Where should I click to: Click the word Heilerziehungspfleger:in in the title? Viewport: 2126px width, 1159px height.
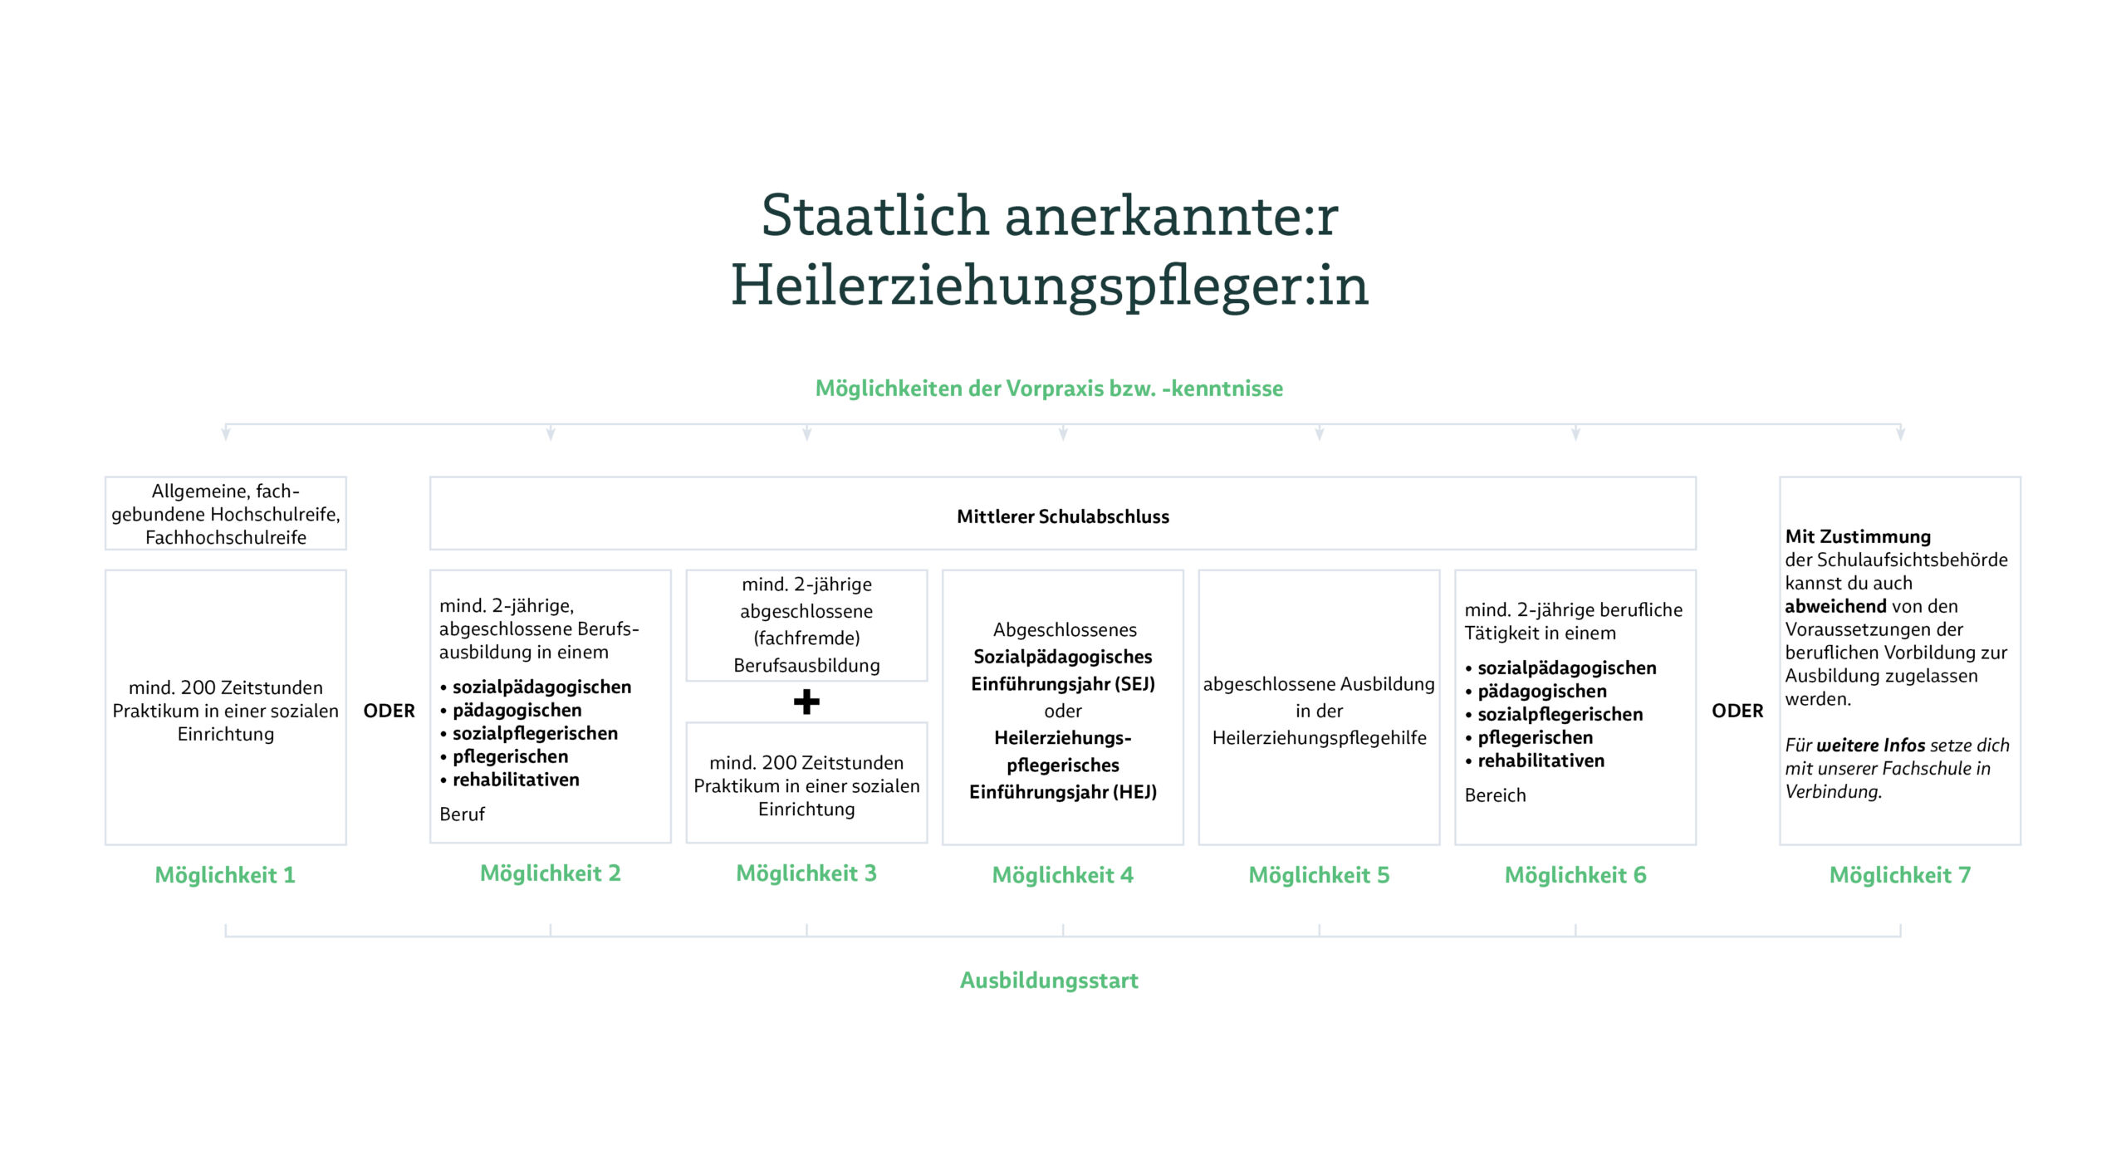[x=1049, y=286]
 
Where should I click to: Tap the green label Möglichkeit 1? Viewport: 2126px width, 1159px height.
[x=225, y=875]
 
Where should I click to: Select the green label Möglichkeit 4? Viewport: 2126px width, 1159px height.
[x=1062, y=875]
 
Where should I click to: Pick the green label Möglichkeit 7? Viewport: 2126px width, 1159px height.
[x=1899, y=875]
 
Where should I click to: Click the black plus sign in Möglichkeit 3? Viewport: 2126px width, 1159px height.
[x=806, y=702]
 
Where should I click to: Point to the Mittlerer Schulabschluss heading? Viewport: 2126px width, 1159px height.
[x=1062, y=516]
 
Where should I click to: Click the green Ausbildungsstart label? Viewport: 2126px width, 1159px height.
[x=1049, y=981]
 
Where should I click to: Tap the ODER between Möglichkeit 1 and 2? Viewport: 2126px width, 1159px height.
[x=389, y=711]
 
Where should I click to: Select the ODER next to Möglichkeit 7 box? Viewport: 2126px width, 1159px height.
[x=1737, y=711]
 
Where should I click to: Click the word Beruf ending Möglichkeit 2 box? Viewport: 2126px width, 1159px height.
[x=462, y=814]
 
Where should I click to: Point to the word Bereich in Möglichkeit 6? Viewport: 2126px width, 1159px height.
[x=1495, y=795]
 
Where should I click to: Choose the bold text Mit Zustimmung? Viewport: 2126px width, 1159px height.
[x=1858, y=536]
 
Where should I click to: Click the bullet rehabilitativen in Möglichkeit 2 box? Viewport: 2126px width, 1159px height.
[x=515, y=780]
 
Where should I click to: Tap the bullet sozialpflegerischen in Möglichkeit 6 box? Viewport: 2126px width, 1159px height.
[x=1560, y=714]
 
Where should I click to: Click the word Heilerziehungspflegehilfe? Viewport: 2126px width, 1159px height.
[x=1319, y=738]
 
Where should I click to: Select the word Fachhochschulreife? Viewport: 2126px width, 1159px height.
[x=225, y=537]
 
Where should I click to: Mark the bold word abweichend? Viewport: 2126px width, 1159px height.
[x=1835, y=606]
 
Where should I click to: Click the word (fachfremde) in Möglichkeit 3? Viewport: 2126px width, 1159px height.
[x=806, y=638]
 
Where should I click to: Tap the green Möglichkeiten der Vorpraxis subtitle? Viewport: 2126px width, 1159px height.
[x=1049, y=389]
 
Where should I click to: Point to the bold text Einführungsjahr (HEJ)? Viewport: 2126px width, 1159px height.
[x=1062, y=792]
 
